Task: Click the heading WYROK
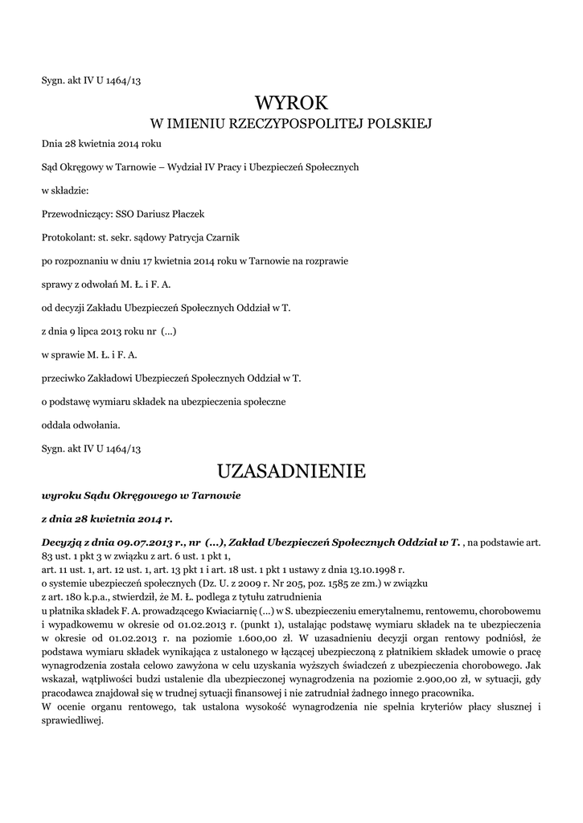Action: pos(292,102)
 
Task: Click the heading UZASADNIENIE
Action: pos(292,470)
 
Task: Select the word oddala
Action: pos(57,424)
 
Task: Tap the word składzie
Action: pos(72,191)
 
